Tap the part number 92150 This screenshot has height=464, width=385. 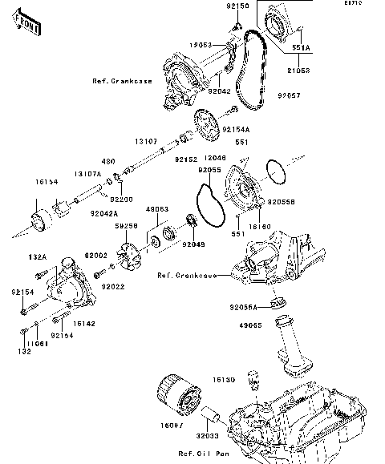coord(239,6)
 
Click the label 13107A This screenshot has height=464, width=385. coord(87,173)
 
